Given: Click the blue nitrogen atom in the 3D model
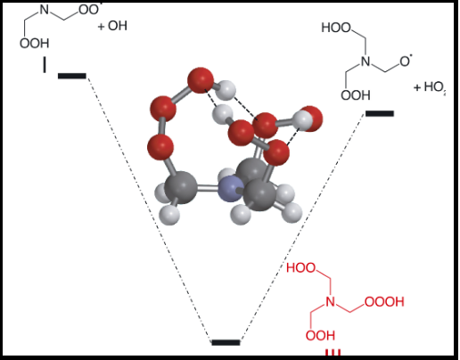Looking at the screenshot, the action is click(x=231, y=189).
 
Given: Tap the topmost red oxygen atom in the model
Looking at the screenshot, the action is click(x=201, y=80).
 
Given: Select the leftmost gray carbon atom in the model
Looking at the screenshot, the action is click(x=180, y=187).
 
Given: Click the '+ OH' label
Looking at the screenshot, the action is click(x=112, y=26).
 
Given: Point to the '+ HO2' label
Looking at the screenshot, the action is click(x=430, y=87).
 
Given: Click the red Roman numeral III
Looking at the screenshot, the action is click(x=333, y=352).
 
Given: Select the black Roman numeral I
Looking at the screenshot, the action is click(x=45, y=65).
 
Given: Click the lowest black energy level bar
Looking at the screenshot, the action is click(x=226, y=342).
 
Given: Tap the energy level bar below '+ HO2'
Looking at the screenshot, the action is click(x=380, y=113).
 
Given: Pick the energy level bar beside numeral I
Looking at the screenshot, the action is click(x=72, y=76).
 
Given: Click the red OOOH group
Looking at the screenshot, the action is click(x=384, y=302).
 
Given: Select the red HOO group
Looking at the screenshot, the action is click(x=301, y=268).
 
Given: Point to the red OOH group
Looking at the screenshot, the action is click(x=320, y=336).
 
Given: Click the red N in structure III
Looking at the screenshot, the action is click(x=330, y=302).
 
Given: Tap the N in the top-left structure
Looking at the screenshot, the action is click(x=44, y=10).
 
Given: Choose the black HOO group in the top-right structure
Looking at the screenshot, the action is click(x=336, y=28).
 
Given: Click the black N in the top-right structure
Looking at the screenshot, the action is click(x=366, y=61).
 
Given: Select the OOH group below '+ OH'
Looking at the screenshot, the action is click(x=35, y=44).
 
